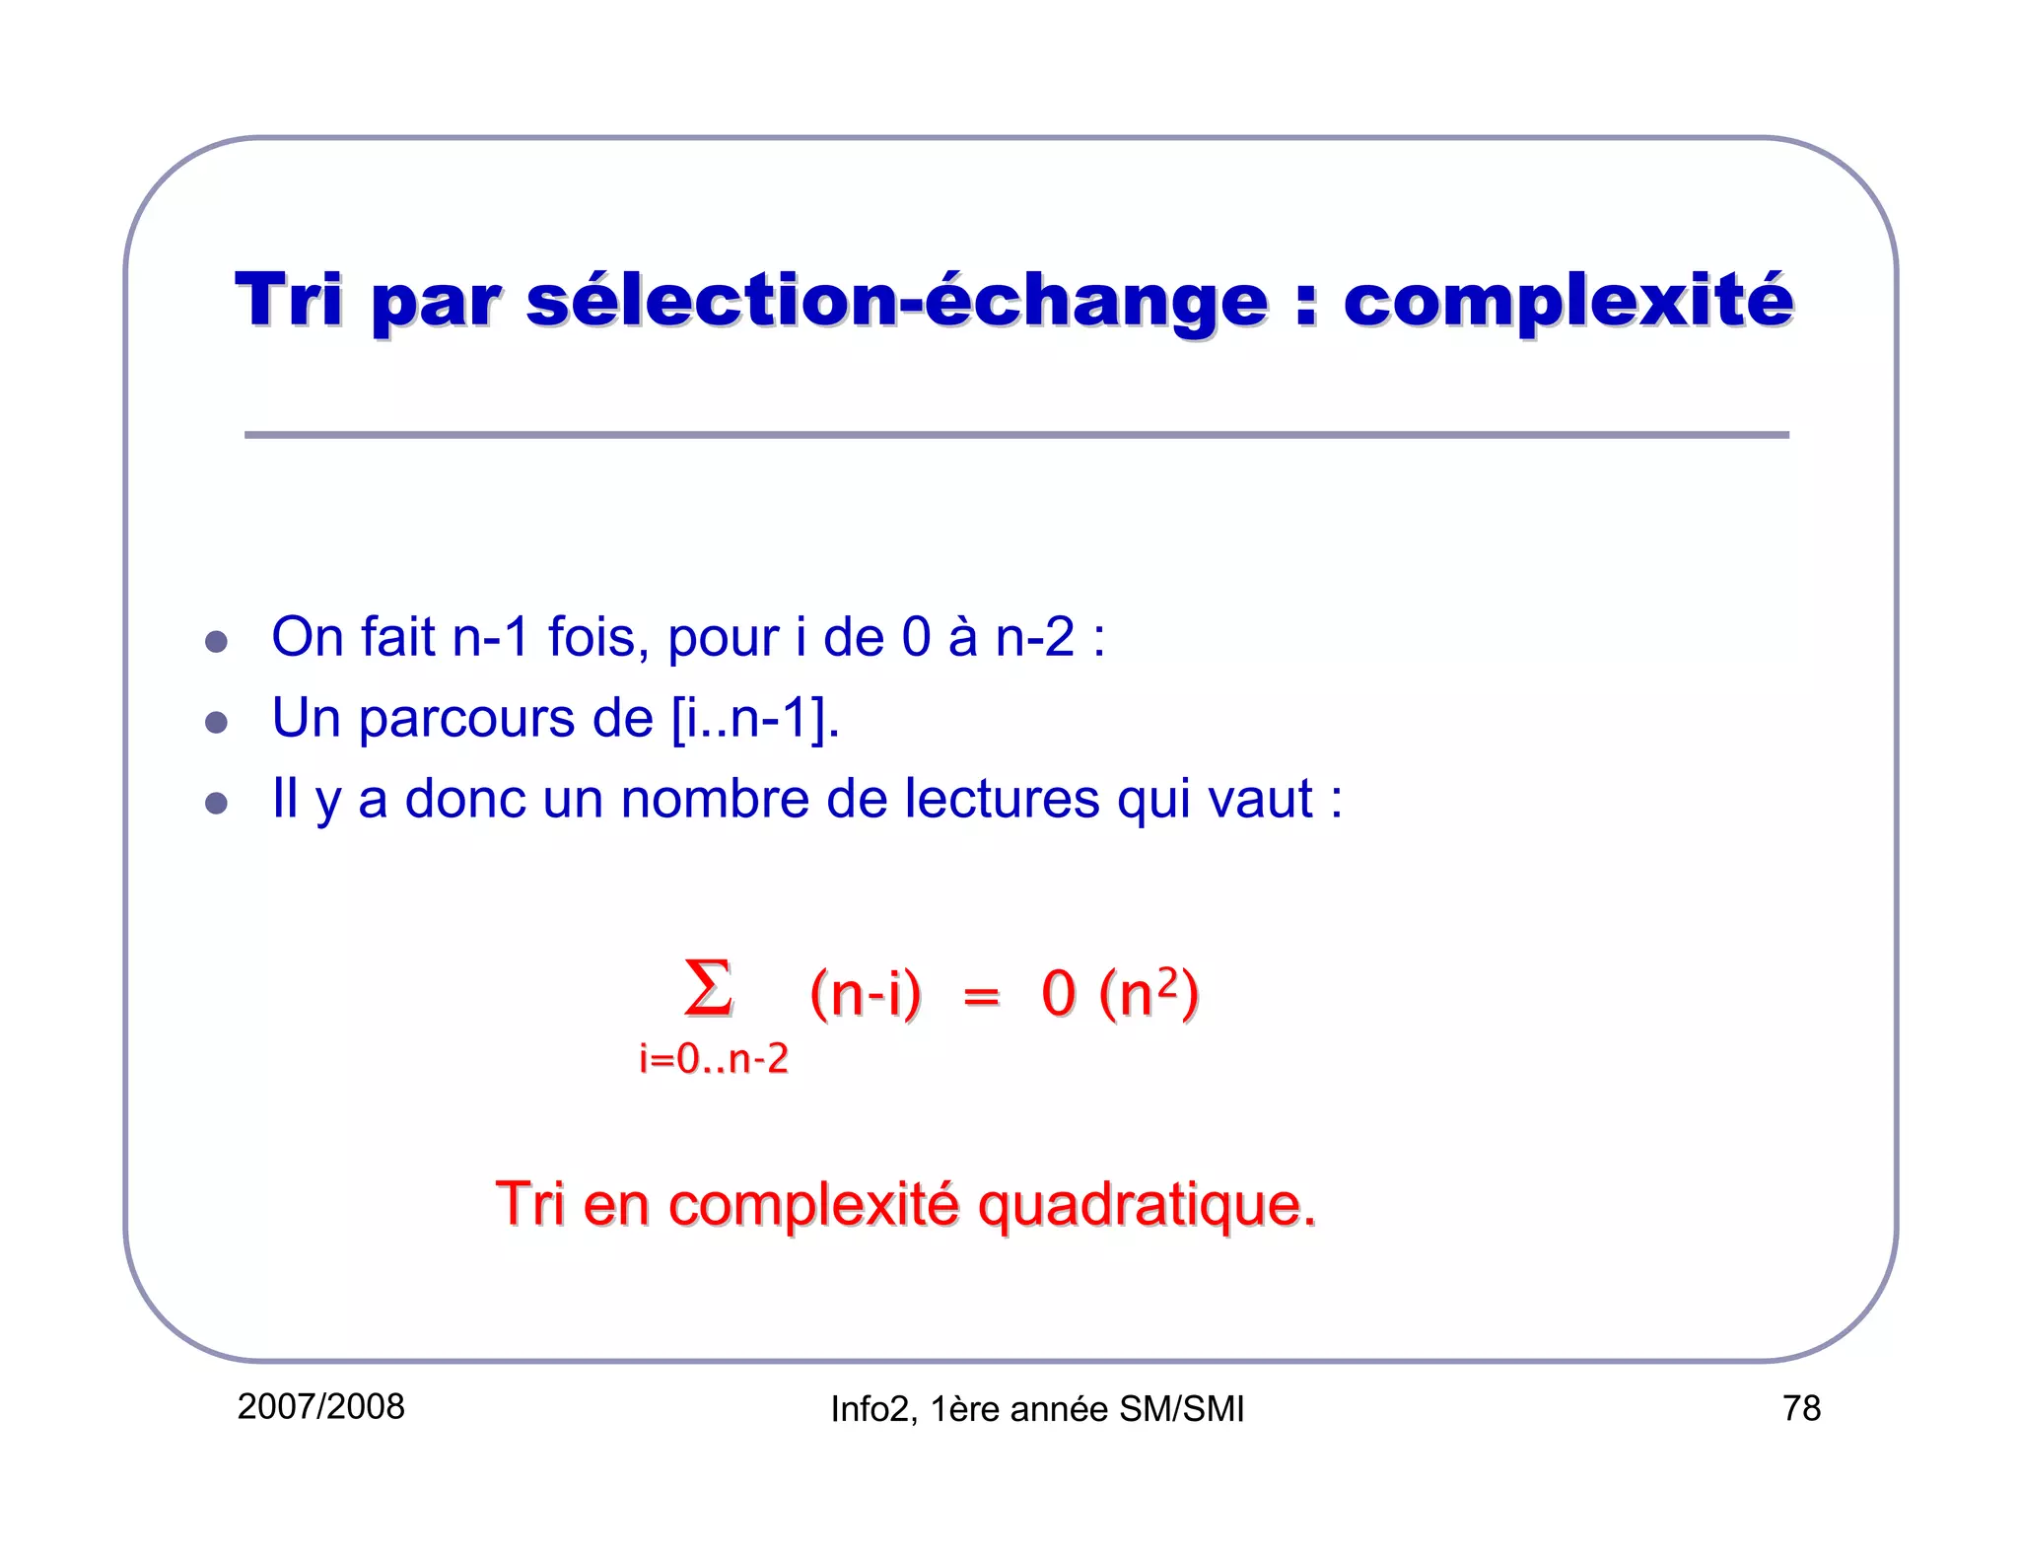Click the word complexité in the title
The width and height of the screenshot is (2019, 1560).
pos(1567,300)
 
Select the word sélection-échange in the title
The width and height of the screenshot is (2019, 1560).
pos(897,300)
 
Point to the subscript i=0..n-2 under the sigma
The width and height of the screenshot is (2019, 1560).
pos(714,1059)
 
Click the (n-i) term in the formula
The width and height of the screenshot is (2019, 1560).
pos(865,993)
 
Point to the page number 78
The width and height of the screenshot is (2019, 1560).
pos(1801,1408)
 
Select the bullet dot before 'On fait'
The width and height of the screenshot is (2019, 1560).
pos(216,642)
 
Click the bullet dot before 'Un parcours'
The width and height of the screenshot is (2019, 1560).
pos(216,723)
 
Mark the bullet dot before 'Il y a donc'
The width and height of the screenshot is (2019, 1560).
pos(216,803)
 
